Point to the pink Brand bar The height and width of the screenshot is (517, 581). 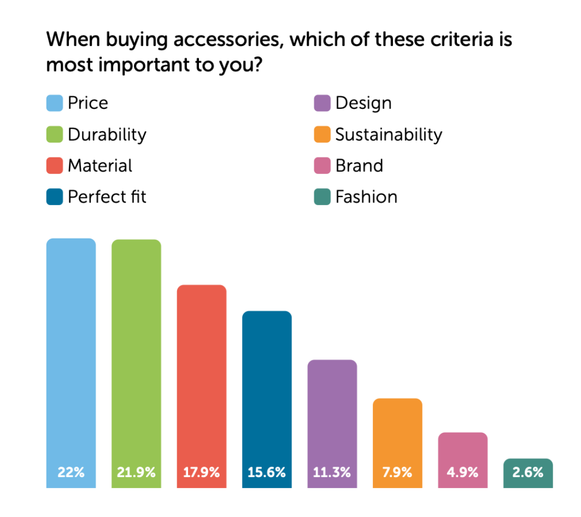click(463, 449)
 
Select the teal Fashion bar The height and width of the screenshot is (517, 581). click(528, 465)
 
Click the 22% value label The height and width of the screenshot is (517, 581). click(71, 472)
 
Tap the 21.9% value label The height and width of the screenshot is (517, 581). click(136, 472)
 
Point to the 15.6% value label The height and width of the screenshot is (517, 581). click(267, 472)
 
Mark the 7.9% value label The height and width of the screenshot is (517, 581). click(397, 472)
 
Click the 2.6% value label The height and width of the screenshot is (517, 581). click(528, 472)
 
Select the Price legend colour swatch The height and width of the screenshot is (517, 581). click(54, 103)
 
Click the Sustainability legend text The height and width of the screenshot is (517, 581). click(389, 135)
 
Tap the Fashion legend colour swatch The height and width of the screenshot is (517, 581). click(322, 197)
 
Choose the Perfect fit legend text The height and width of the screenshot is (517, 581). click(107, 197)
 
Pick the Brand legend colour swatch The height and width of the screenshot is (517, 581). click(322, 166)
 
